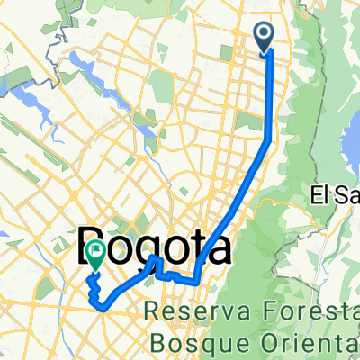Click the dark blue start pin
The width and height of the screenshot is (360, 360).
click(266, 36)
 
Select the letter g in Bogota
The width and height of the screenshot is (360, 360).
click(152, 246)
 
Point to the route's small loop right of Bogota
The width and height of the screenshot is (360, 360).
click(154, 263)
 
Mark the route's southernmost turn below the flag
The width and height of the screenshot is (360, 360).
click(104, 306)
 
